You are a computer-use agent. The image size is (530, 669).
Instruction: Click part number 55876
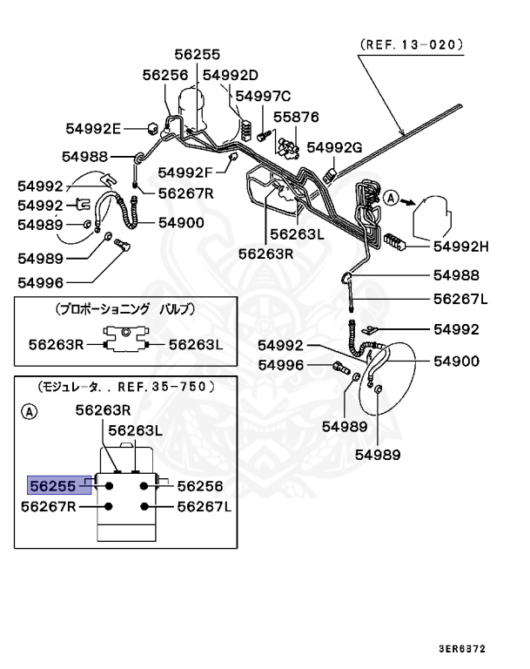pyautogui.click(x=297, y=116)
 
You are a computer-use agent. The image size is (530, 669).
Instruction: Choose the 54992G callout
pyautogui.click(x=335, y=148)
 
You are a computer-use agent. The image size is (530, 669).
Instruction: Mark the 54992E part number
pyautogui.click(x=93, y=128)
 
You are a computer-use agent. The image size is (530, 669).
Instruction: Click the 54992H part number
pyautogui.click(x=461, y=246)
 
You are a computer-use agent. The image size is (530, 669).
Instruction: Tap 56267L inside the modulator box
pyautogui.click(x=205, y=506)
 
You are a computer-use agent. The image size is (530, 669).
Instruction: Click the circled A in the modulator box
pyautogui.click(x=29, y=411)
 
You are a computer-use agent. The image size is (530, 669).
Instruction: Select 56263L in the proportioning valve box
pyautogui.click(x=196, y=344)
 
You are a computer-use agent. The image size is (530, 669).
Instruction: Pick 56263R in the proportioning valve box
pyautogui.click(x=55, y=344)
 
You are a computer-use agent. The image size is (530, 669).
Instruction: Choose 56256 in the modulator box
pyautogui.click(x=200, y=486)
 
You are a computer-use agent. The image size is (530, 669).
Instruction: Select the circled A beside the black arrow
pyautogui.click(x=391, y=199)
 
